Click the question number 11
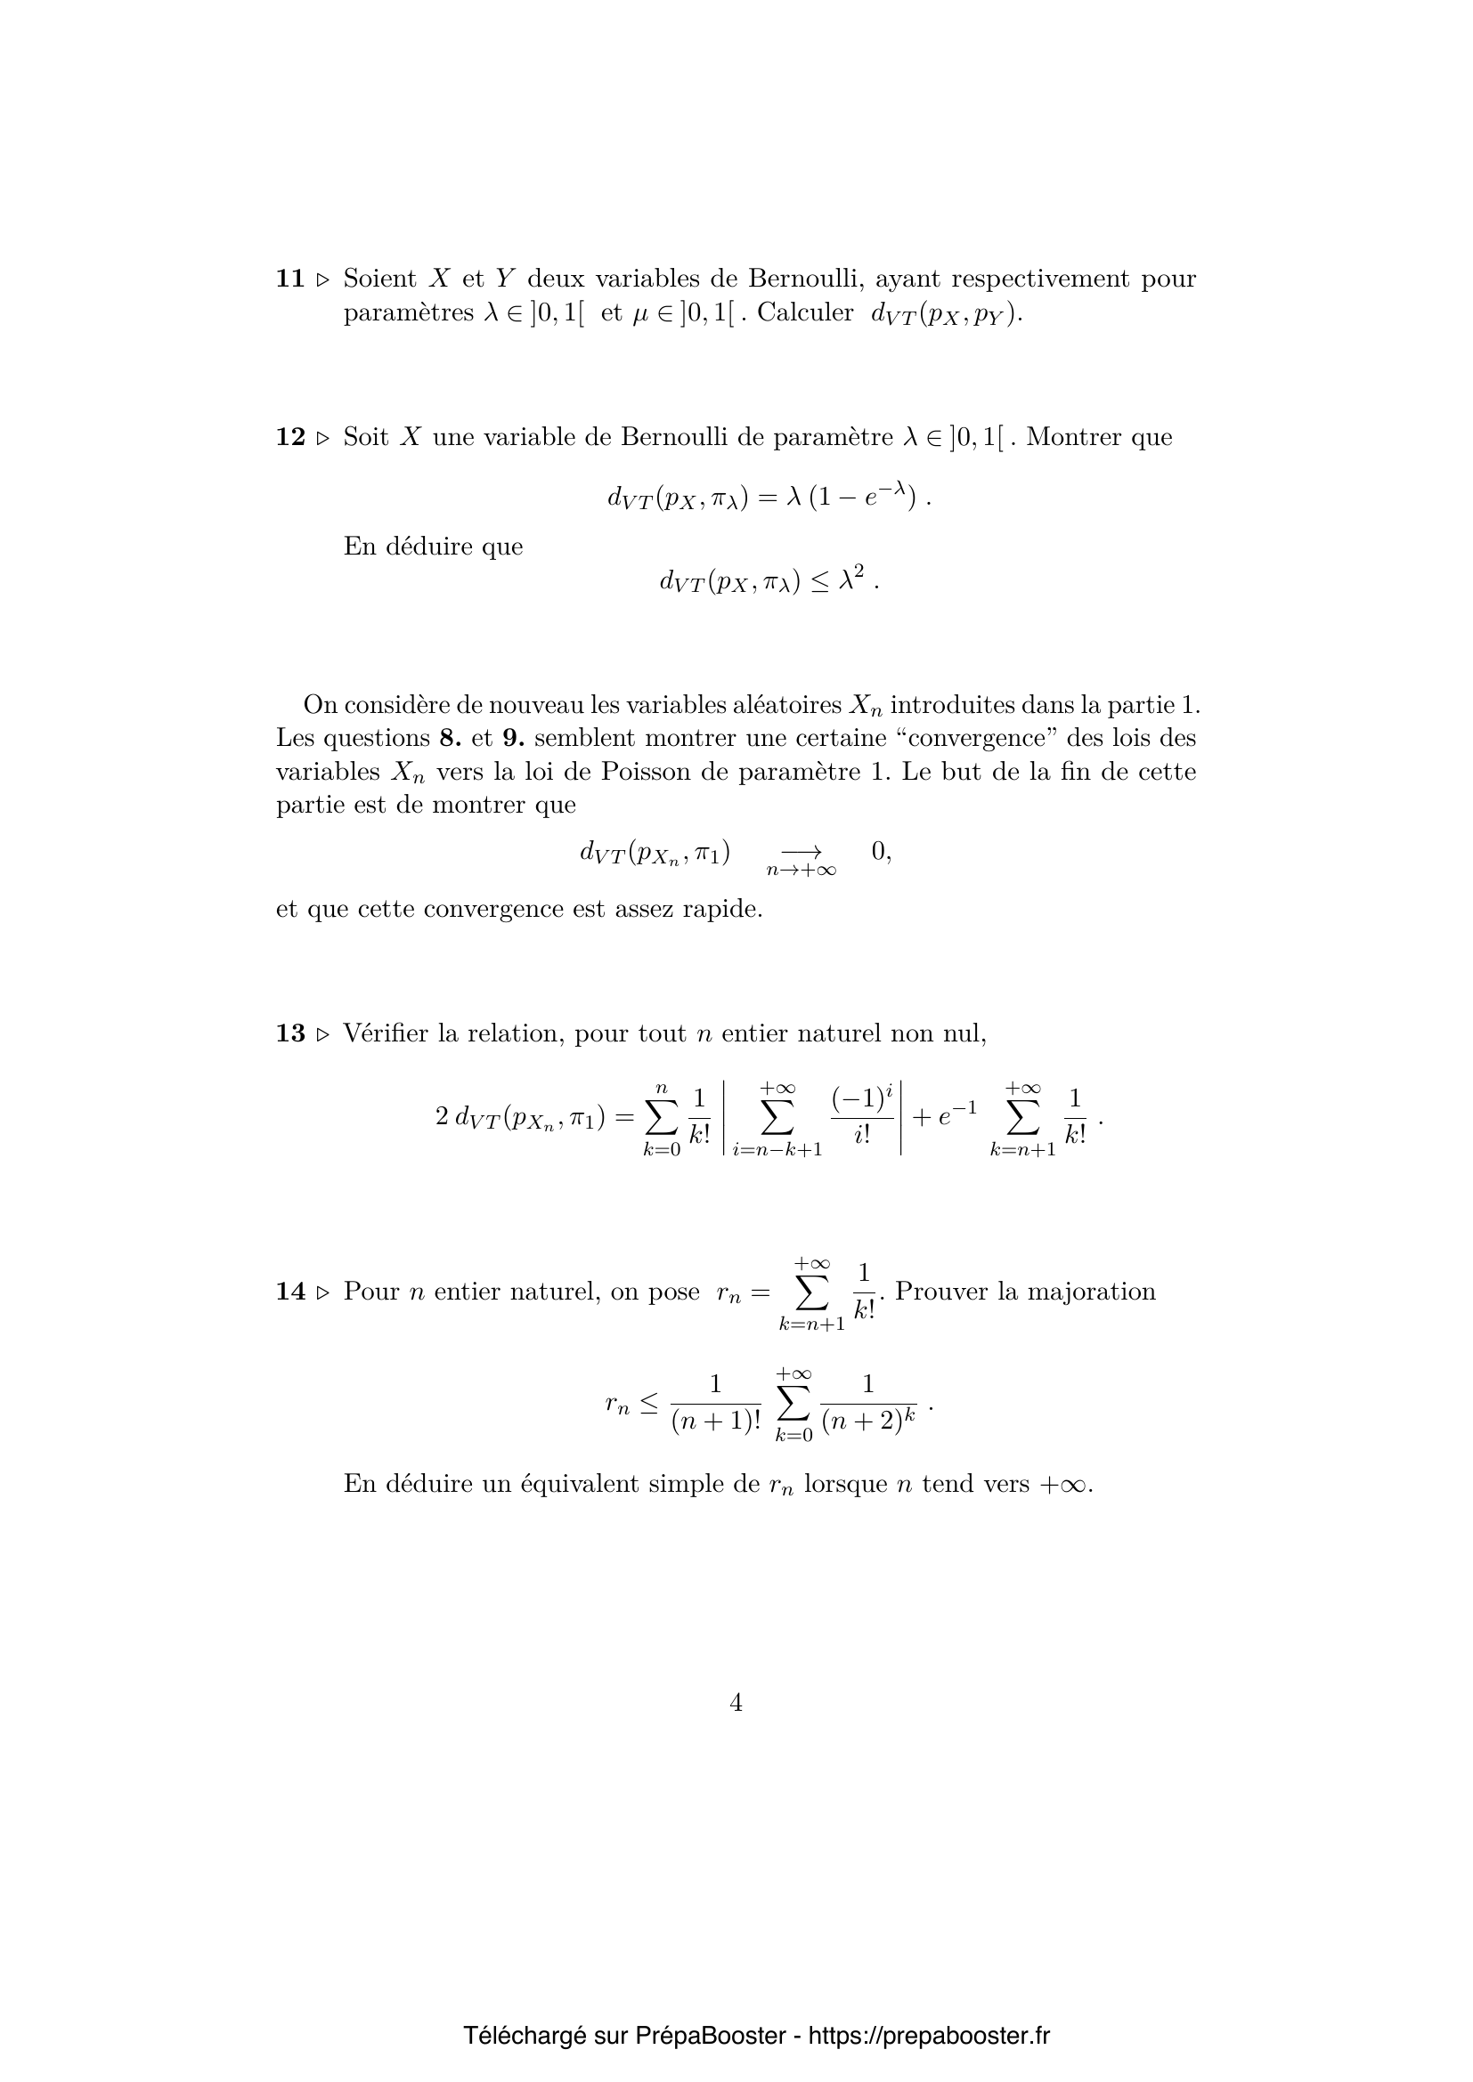(290, 279)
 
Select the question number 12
(290, 437)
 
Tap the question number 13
(290, 1033)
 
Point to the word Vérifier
(386, 1033)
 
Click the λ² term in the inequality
(850, 579)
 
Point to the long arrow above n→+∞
(801, 851)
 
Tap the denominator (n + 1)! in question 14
(716, 1421)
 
